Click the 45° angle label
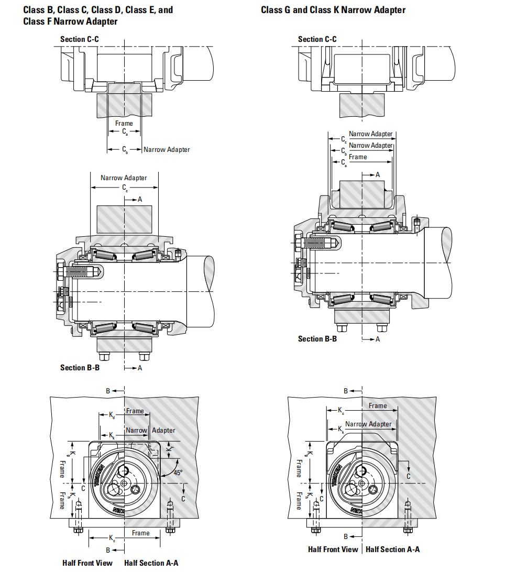(178, 472)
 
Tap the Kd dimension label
(112, 415)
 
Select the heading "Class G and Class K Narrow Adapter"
(333, 10)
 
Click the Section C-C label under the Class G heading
(317, 39)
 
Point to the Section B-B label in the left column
(80, 368)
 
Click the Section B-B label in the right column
(317, 339)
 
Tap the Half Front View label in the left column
(87, 563)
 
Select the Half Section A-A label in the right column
(392, 549)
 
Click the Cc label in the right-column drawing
(344, 139)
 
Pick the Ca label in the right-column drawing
(344, 162)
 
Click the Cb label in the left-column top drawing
(125, 150)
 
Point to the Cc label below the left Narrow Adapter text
(125, 187)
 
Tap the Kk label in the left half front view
(112, 435)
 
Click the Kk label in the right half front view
(343, 430)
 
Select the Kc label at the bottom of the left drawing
(112, 538)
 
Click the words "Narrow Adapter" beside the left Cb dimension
(167, 150)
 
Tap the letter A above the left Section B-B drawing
(140, 199)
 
